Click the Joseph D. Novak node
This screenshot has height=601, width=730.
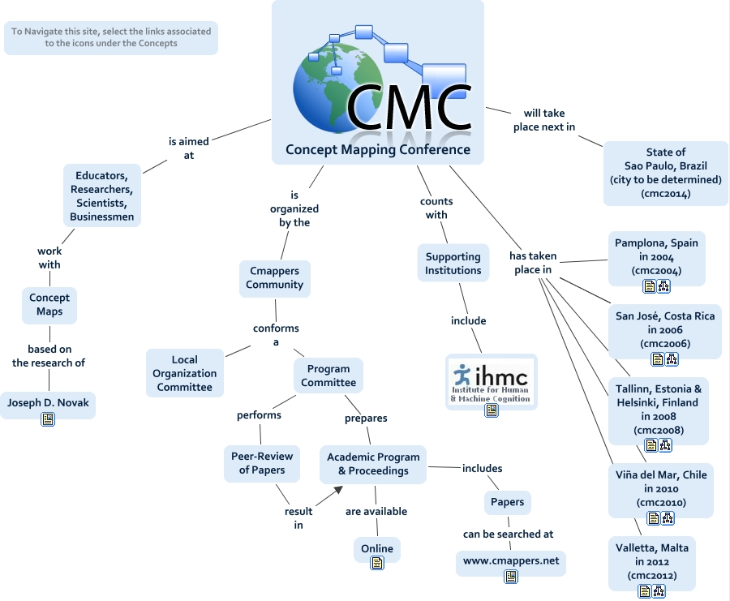(48, 401)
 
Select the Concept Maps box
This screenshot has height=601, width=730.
(49, 304)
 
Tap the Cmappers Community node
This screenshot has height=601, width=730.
(275, 278)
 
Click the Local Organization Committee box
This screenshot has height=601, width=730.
(185, 373)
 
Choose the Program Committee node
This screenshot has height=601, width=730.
(328, 376)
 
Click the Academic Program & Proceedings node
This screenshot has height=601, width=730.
(372, 464)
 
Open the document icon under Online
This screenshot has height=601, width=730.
(376, 563)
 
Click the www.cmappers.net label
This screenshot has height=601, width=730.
(511, 560)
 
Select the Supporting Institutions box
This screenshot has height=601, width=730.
(453, 264)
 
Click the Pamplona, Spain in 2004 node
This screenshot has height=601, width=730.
(656, 256)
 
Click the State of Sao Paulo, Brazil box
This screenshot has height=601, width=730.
(665, 173)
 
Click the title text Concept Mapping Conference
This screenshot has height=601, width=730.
(378, 149)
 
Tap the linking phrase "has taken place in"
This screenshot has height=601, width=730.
(531, 262)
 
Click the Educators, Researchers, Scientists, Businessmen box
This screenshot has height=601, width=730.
(102, 195)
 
